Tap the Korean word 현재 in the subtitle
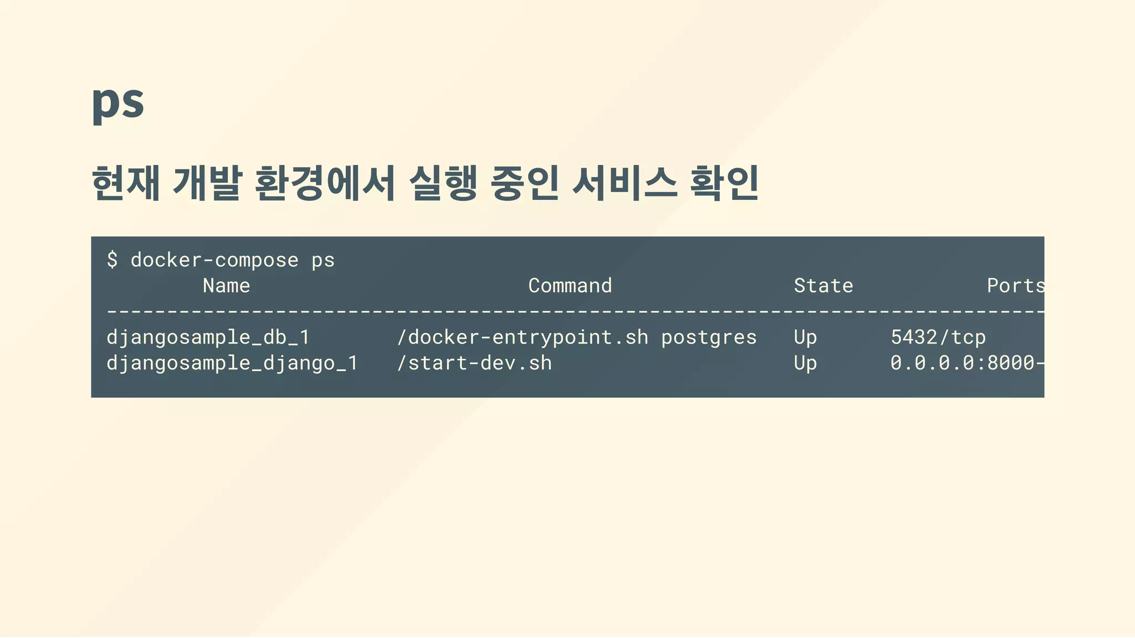pyautogui.click(x=126, y=183)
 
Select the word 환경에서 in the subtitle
pyautogui.click(x=325, y=183)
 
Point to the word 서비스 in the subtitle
pyautogui.click(x=625, y=183)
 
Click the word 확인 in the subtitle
pyautogui.click(x=724, y=183)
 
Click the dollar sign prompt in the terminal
pyautogui.click(x=113, y=260)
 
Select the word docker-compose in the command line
pyautogui.click(x=214, y=260)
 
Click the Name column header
pyautogui.click(x=226, y=286)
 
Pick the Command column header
pyautogui.click(x=570, y=286)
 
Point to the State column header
pyautogui.click(x=823, y=286)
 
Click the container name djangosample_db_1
pyautogui.click(x=208, y=337)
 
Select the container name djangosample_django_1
pyautogui.click(x=232, y=363)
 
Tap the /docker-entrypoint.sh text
pyautogui.click(x=522, y=337)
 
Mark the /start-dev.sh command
pyautogui.click(x=474, y=363)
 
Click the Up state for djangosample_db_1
pyautogui.click(x=805, y=338)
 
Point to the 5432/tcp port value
pyautogui.click(x=938, y=337)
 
